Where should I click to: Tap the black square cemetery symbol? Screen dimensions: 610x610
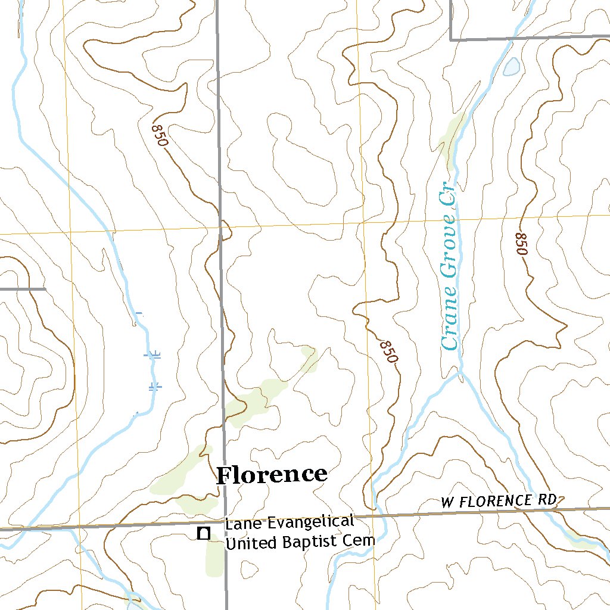pos(204,533)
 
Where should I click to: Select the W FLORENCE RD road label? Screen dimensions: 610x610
pos(499,501)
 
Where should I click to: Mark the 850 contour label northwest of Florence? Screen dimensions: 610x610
pos(160,135)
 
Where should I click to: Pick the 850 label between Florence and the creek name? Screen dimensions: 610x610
pos(388,351)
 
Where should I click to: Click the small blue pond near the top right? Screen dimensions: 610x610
pos(511,66)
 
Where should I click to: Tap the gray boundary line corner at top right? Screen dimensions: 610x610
pos(451,39)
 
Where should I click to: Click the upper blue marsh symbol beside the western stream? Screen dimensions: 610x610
pos(154,355)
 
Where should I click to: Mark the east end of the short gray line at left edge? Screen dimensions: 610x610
pos(45,289)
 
